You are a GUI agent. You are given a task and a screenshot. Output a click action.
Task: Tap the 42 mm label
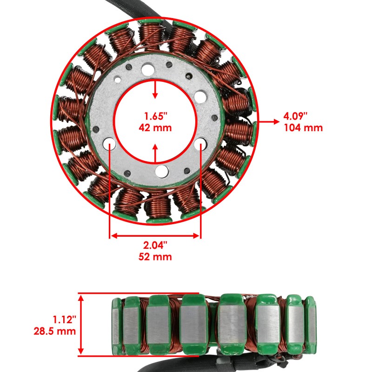[155, 128]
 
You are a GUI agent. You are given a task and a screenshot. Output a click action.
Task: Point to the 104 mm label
[303, 128]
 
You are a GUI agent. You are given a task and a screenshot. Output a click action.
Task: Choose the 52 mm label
[155, 257]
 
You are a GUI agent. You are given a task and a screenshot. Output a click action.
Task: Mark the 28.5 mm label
[54, 331]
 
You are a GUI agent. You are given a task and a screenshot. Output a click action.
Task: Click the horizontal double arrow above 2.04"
[155, 236]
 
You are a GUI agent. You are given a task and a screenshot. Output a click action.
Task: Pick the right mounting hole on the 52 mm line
[200, 144]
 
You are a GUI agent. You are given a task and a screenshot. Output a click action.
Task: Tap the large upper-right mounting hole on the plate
[200, 97]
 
